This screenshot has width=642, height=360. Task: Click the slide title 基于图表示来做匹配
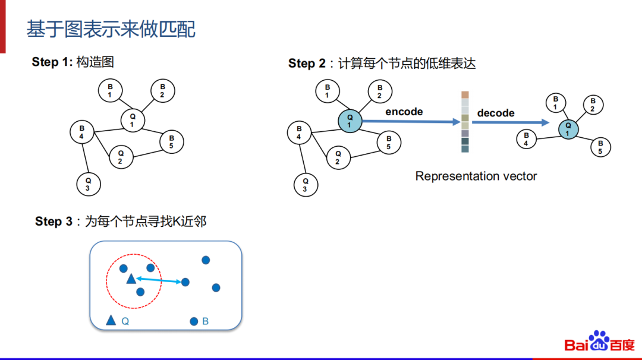[111, 29]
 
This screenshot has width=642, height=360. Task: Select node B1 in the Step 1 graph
[110, 90]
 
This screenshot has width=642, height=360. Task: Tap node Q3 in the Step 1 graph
[88, 184]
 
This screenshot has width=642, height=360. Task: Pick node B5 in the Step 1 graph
[171, 141]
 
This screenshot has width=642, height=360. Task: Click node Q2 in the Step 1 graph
[121, 157]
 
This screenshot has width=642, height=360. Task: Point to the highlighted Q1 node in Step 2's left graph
[350, 121]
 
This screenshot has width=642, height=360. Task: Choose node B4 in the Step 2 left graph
[299, 132]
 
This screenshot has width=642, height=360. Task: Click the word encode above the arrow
[404, 112]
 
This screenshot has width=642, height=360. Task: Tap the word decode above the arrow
[496, 113]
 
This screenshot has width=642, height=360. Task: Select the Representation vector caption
[476, 176]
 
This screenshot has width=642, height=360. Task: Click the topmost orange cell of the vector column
[465, 94]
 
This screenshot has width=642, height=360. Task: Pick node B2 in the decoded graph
[593, 105]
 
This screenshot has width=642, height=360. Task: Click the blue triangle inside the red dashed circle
[131, 279]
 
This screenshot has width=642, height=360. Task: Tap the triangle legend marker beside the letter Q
[111, 321]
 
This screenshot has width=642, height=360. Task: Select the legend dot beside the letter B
[194, 321]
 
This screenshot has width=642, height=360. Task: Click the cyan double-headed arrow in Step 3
[159, 280]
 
